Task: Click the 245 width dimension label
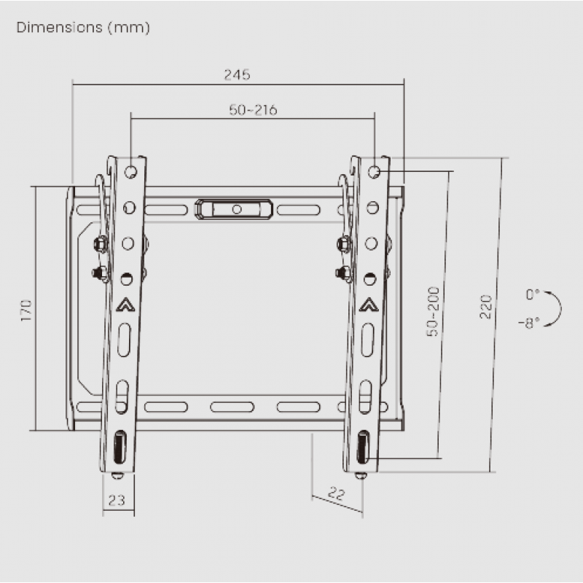tap(238, 75)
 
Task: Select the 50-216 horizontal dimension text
tap(253, 110)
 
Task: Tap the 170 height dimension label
tap(26, 310)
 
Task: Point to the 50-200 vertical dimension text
tap(433, 312)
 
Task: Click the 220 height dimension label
tap(485, 307)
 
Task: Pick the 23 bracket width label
tap(117, 501)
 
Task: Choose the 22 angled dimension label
tap(337, 493)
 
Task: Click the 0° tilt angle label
tap(533, 294)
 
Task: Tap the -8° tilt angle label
tap(529, 323)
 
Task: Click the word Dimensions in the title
tap(60, 28)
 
